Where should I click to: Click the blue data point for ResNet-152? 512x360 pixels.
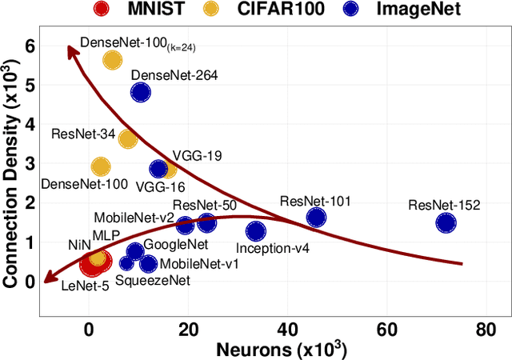click(446, 223)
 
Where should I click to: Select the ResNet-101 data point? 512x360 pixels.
click(317, 218)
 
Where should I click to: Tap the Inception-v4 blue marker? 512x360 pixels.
click(256, 231)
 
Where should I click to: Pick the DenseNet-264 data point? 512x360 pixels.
click(141, 92)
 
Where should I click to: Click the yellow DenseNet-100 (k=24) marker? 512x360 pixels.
click(112, 59)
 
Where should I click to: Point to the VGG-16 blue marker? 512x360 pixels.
click(158, 169)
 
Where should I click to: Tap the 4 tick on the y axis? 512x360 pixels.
click(30, 125)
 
